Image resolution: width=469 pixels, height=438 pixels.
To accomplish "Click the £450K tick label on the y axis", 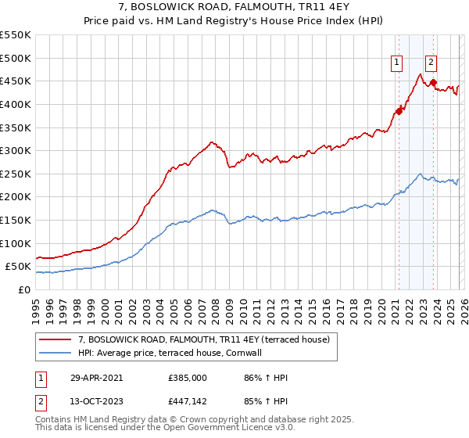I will point(16,81).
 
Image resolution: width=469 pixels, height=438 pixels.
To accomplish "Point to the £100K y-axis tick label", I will point(16,243).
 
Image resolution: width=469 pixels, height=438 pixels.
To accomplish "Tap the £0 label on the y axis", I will point(24,289).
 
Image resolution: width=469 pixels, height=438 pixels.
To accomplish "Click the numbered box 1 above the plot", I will point(397,63).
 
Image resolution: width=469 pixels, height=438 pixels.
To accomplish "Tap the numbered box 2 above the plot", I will point(431,63).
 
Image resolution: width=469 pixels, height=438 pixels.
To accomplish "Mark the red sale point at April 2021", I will point(399,111).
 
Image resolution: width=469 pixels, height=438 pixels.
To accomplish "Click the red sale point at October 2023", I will point(432,82).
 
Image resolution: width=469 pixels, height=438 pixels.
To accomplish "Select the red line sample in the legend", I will point(55,339).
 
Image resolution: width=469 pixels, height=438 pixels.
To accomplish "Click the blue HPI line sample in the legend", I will point(55,353).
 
